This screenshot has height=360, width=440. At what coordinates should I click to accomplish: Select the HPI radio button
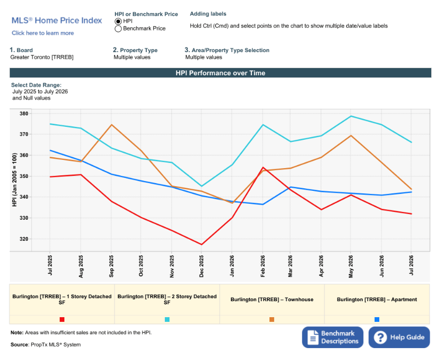(x=118, y=21)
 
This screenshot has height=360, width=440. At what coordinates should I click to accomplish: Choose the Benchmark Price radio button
(x=118, y=29)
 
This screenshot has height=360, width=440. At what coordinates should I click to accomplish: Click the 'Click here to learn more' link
(x=43, y=33)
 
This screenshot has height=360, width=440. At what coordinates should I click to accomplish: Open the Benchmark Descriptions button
(x=332, y=337)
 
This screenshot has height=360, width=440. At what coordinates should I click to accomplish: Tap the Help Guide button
(x=399, y=337)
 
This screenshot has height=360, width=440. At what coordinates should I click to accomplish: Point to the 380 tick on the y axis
(x=24, y=114)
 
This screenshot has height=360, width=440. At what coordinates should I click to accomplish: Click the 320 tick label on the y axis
(x=24, y=239)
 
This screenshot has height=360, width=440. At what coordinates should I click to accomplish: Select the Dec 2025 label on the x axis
(x=201, y=266)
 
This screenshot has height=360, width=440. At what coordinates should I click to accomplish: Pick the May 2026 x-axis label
(x=351, y=267)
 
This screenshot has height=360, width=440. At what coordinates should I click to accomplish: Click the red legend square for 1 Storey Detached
(x=62, y=320)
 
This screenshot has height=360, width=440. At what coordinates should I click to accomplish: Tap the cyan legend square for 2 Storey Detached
(x=167, y=320)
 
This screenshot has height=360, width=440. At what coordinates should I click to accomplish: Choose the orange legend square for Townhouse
(x=272, y=320)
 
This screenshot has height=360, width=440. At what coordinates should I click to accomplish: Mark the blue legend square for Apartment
(x=377, y=320)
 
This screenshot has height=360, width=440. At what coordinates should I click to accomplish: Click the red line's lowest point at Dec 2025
(x=201, y=244)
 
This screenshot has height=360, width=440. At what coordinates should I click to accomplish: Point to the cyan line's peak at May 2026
(x=351, y=116)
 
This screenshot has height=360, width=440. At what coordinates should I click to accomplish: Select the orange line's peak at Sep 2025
(x=111, y=125)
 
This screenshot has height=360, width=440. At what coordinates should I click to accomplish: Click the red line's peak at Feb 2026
(x=263, y=167)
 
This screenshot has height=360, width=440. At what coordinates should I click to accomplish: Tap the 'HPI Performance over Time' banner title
(x=221, y=73)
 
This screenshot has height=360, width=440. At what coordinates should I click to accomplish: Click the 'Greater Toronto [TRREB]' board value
(x=42, y=57)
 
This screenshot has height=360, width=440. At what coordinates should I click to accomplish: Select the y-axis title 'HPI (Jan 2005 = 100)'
(x=14, y=179)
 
